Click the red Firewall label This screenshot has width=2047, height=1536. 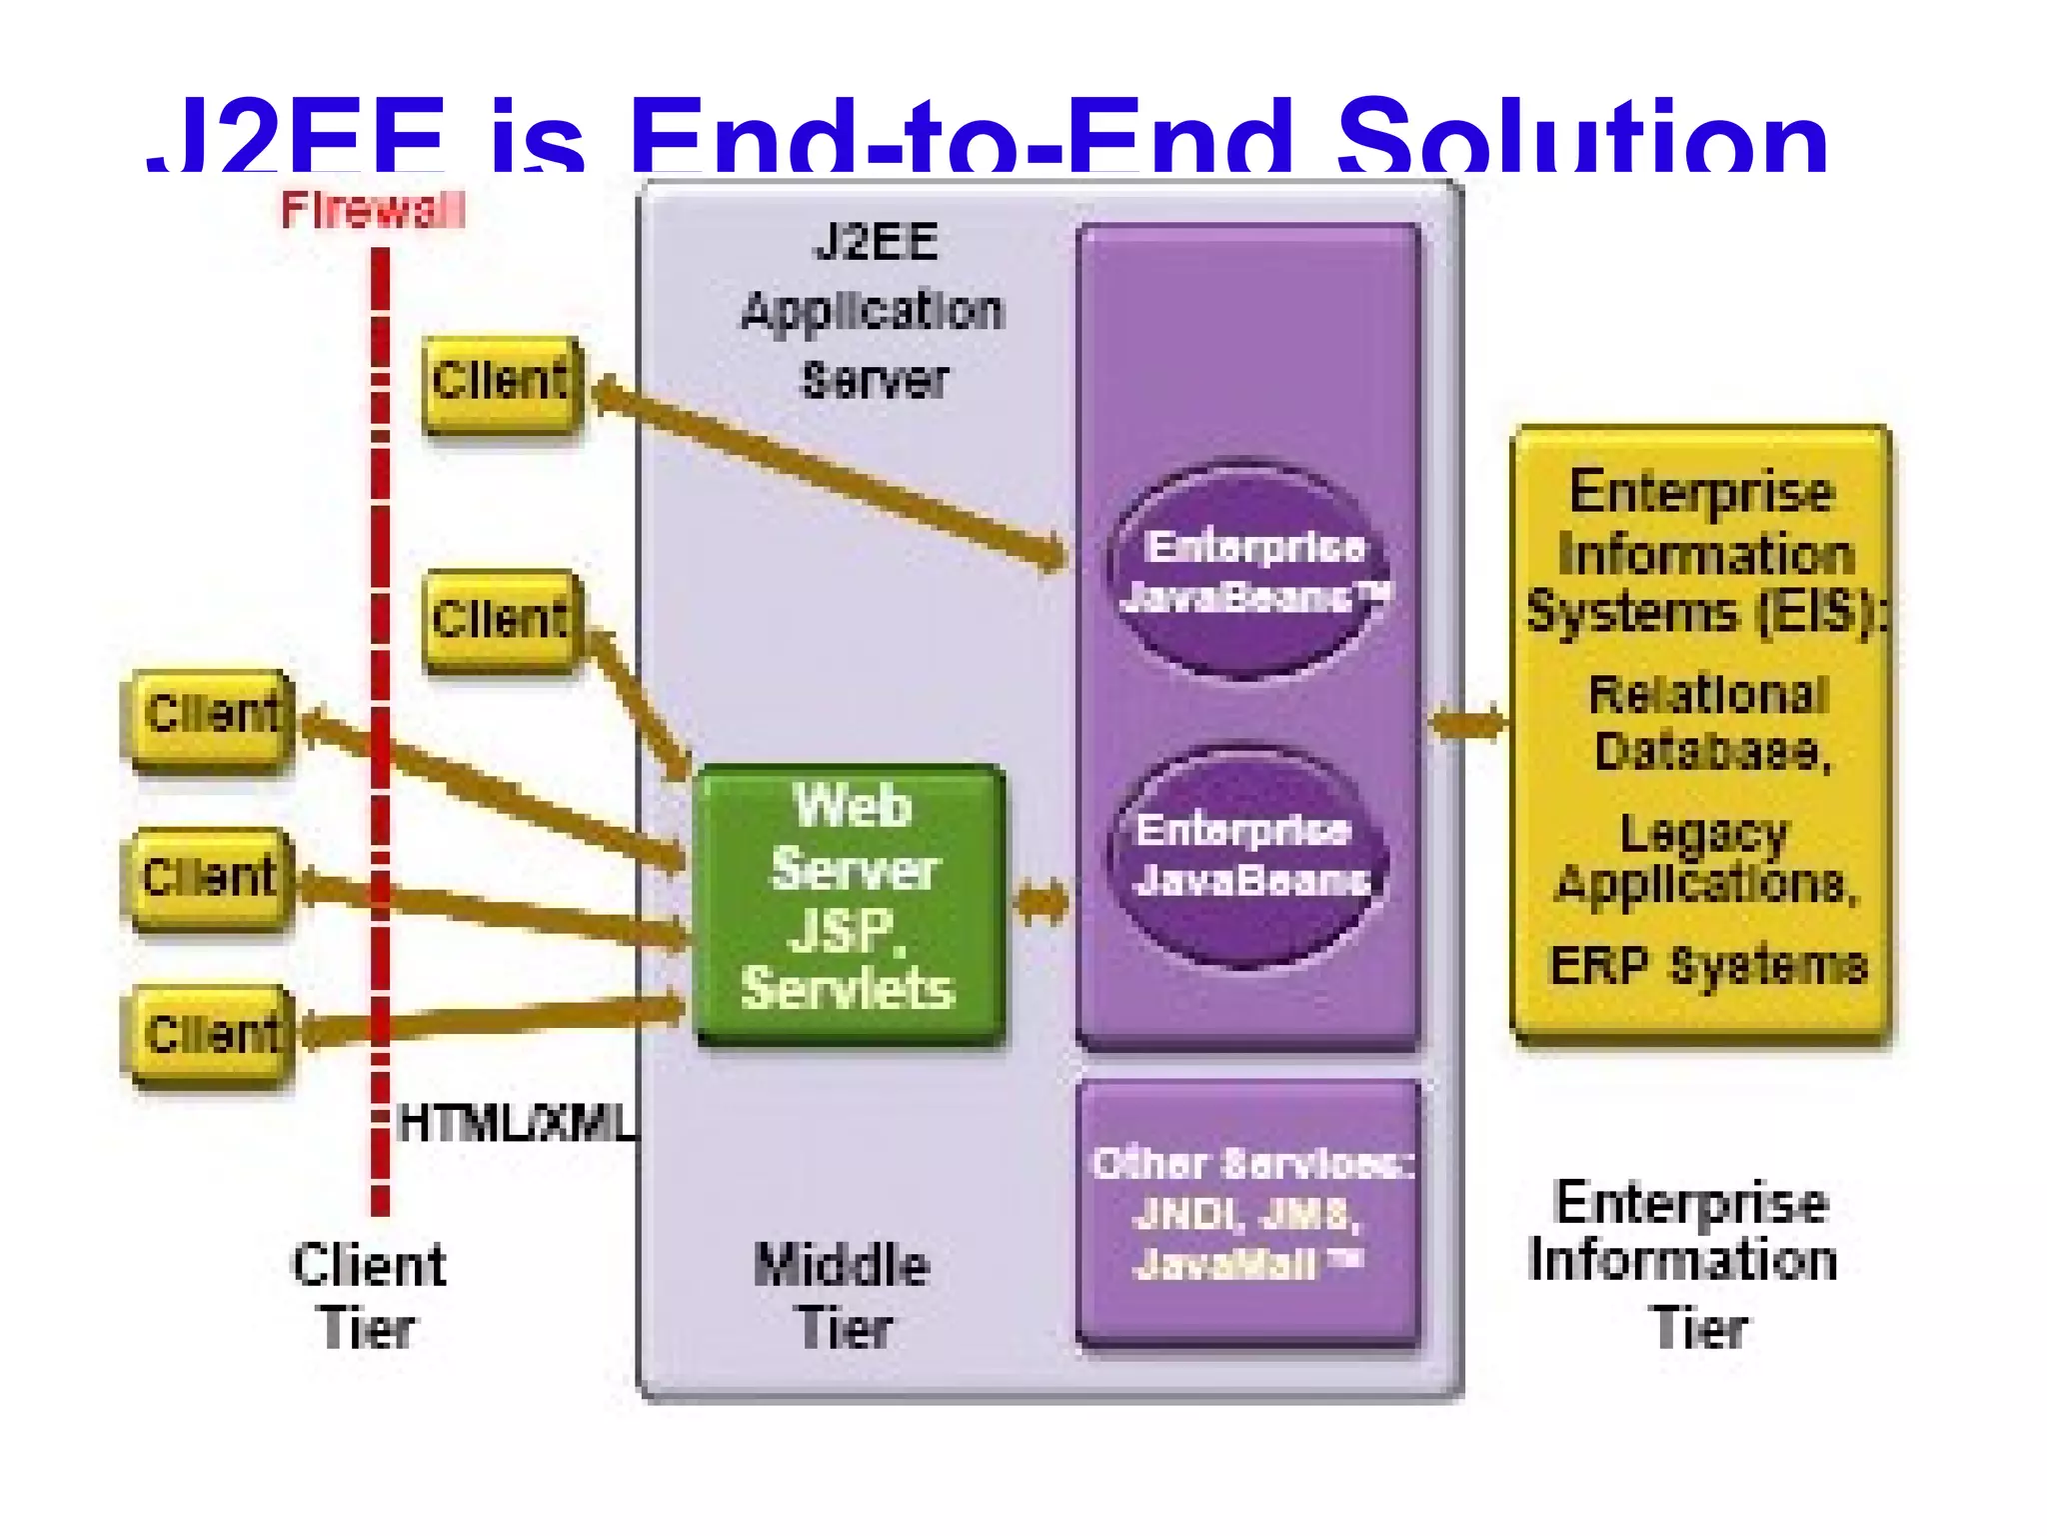372,210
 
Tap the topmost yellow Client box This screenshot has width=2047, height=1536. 501,384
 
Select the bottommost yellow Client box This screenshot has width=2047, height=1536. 209,1035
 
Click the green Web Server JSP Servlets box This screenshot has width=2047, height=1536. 850,902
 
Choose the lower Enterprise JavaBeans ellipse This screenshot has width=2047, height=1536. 1247,855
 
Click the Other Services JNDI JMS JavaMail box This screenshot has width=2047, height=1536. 1249,1213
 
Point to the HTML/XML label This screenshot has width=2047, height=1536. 515,1124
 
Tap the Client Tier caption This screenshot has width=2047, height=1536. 368,1296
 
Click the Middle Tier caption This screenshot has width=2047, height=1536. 843,1296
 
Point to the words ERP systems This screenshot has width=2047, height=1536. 1707,966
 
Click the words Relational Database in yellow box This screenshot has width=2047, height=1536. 1709,722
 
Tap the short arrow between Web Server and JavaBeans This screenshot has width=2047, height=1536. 1041,902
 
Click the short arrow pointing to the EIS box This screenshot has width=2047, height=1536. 1467,722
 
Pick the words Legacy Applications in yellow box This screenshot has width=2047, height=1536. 1705,858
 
